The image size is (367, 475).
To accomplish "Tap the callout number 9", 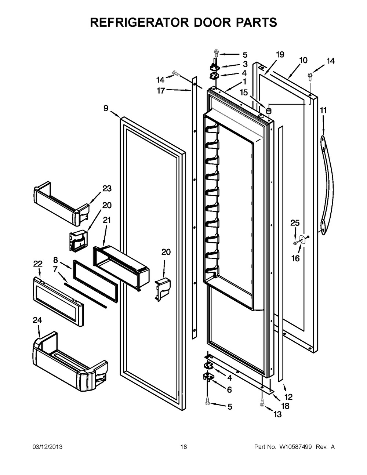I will click(106, 108).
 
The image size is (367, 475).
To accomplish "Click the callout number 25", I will click(295, 223).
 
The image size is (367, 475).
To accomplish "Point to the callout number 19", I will click(280, 55).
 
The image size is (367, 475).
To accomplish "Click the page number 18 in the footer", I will click(183, 447).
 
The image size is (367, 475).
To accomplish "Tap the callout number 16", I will click(295, 258).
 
